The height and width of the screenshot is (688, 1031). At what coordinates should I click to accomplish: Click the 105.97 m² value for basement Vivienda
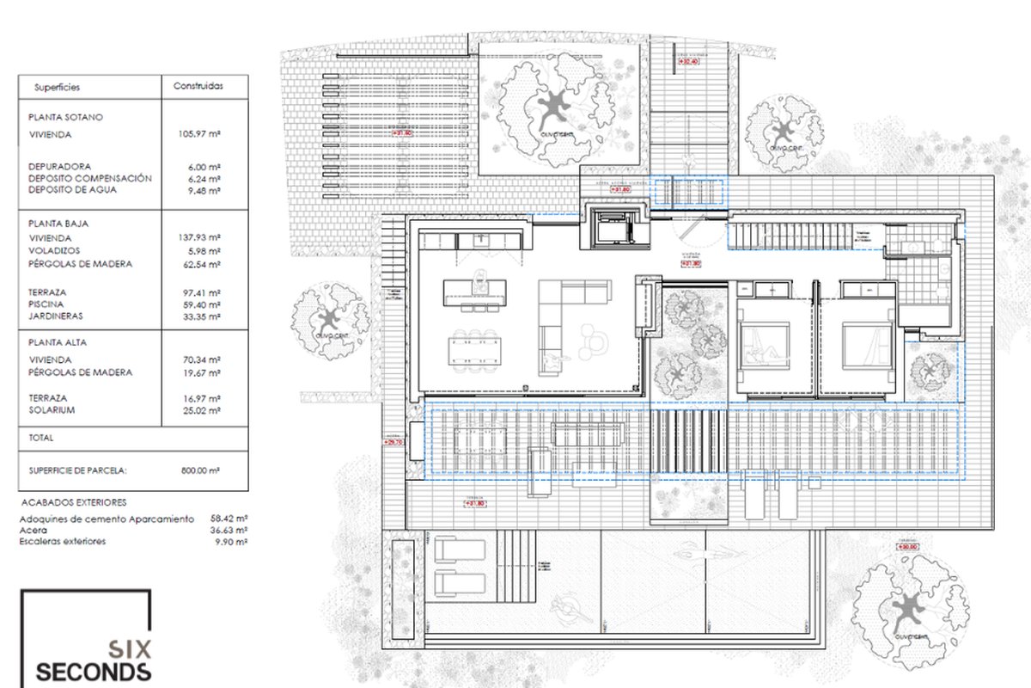(203, 135)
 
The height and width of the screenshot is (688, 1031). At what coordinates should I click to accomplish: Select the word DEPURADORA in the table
(59, 166)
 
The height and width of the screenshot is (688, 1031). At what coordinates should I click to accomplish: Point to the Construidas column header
(198, 86)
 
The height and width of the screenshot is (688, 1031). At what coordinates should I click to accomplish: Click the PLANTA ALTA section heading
(57, 342)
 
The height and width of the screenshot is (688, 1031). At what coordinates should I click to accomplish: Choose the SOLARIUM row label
(52, 410)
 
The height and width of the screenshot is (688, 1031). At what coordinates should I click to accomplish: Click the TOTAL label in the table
(41, 438)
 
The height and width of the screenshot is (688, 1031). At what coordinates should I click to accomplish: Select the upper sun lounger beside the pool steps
(461, 549)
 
